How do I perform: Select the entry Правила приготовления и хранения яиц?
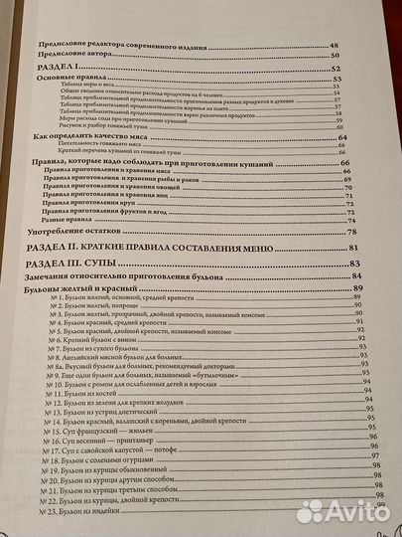pos(108,198)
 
